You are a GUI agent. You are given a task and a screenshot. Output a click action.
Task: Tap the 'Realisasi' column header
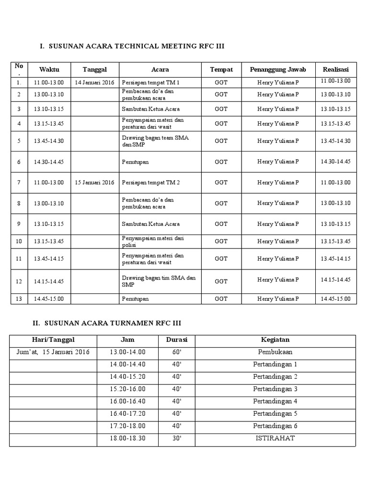[x=336, y=70]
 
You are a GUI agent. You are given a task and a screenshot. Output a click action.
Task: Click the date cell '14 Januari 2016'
[x=94, y=82]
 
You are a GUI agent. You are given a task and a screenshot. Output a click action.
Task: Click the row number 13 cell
[x=19, y=299]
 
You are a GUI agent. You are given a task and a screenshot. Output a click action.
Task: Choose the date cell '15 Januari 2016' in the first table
[x=94, y=182]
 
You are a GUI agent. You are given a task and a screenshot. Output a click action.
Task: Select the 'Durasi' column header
[x=176, y=340]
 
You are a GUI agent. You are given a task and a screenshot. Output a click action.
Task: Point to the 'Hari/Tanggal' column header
[x=53, y=340]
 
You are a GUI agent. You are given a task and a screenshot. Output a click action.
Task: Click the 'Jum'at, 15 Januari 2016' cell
[x=53, y=352]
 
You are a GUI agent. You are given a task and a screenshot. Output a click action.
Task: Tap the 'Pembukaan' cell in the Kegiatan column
[x=275, y=352]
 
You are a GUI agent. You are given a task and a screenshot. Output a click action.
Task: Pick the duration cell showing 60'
[x=176, y=352]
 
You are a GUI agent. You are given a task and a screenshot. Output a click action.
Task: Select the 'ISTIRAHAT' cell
[x=275, y=438]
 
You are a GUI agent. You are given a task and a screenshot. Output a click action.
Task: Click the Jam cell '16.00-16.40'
[x=127, y=401]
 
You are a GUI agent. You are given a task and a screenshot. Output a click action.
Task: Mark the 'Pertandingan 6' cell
[x=275, y=426]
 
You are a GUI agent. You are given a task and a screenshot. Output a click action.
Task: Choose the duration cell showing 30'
[x=176, y=438]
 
